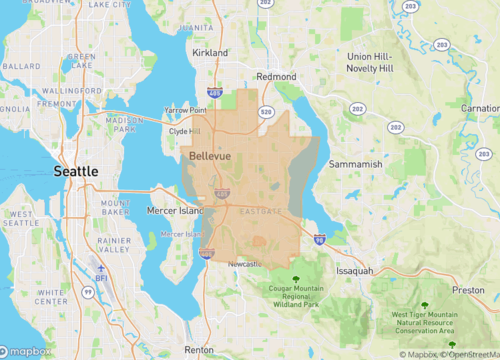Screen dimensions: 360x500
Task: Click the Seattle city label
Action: click(x=76, y=172)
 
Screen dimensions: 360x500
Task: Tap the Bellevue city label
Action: click(x=210, y=157)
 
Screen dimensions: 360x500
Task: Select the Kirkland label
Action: click(x=211, y=51)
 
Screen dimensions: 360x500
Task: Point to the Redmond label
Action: click(x=276, y=76)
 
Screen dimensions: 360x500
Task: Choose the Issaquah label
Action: click(x=354, y=270)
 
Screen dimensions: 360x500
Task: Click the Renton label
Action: click(x=199, y=350)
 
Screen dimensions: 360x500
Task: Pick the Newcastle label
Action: click(x=245, y=264)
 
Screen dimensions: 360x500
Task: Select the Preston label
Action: click(x=468, y=290)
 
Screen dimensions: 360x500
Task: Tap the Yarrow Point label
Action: click(x=185, y=111)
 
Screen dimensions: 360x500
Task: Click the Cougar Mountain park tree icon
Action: click(x=295, y=277)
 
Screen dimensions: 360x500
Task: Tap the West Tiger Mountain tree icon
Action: click(x=426, y=303)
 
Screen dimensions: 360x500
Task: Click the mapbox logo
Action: click(x=27, y=351)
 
